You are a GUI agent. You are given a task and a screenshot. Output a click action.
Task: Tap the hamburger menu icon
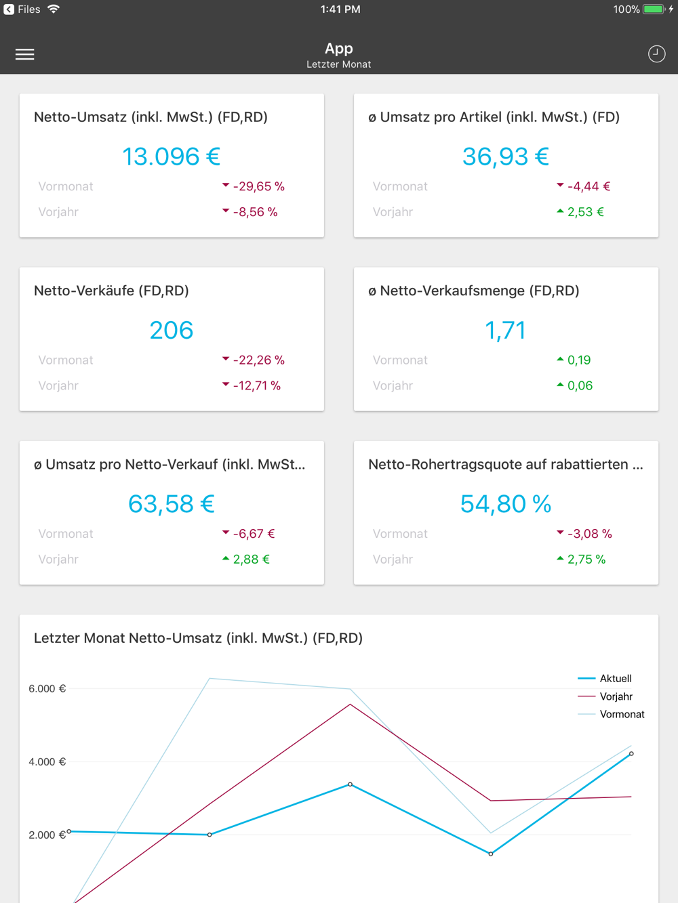[x=25, y=54]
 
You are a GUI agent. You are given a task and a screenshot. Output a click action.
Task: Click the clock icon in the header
[x=656, y=54]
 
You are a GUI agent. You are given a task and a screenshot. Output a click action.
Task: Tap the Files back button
[x=22, y=9]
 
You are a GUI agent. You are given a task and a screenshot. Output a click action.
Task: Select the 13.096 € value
[x=171, y=156]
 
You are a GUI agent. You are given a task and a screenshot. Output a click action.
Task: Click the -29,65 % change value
[x=258, y=186]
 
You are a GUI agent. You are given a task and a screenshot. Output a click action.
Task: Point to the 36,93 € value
[x=505, y=156]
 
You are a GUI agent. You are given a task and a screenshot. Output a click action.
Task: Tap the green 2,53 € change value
[x=584, y=212]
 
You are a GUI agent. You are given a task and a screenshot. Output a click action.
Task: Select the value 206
[x=171, y=331]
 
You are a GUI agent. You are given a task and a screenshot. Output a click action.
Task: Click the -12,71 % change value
[x=256, y=385]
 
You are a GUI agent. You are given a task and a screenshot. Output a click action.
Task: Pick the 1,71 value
[x=505, y=331]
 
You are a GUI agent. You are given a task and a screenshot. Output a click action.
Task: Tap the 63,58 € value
[x=171, y=504]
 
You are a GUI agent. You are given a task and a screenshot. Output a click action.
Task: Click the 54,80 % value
[x=505, y=504]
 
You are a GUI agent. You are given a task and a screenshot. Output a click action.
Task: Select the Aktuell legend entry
[x=615, y=678]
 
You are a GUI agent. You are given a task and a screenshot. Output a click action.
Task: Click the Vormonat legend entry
[x=621, y=714]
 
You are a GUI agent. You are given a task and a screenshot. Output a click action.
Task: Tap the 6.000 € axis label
[x=47, y=689]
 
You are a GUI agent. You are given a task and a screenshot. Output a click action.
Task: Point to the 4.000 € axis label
[x=47, y=762]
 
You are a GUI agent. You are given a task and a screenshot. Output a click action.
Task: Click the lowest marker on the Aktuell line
[x=491, y=854]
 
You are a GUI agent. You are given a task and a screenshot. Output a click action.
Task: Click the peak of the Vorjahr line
[x=351, y=705]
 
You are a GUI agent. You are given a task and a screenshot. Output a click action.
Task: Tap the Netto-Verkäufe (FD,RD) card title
[x=111, y=291]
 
